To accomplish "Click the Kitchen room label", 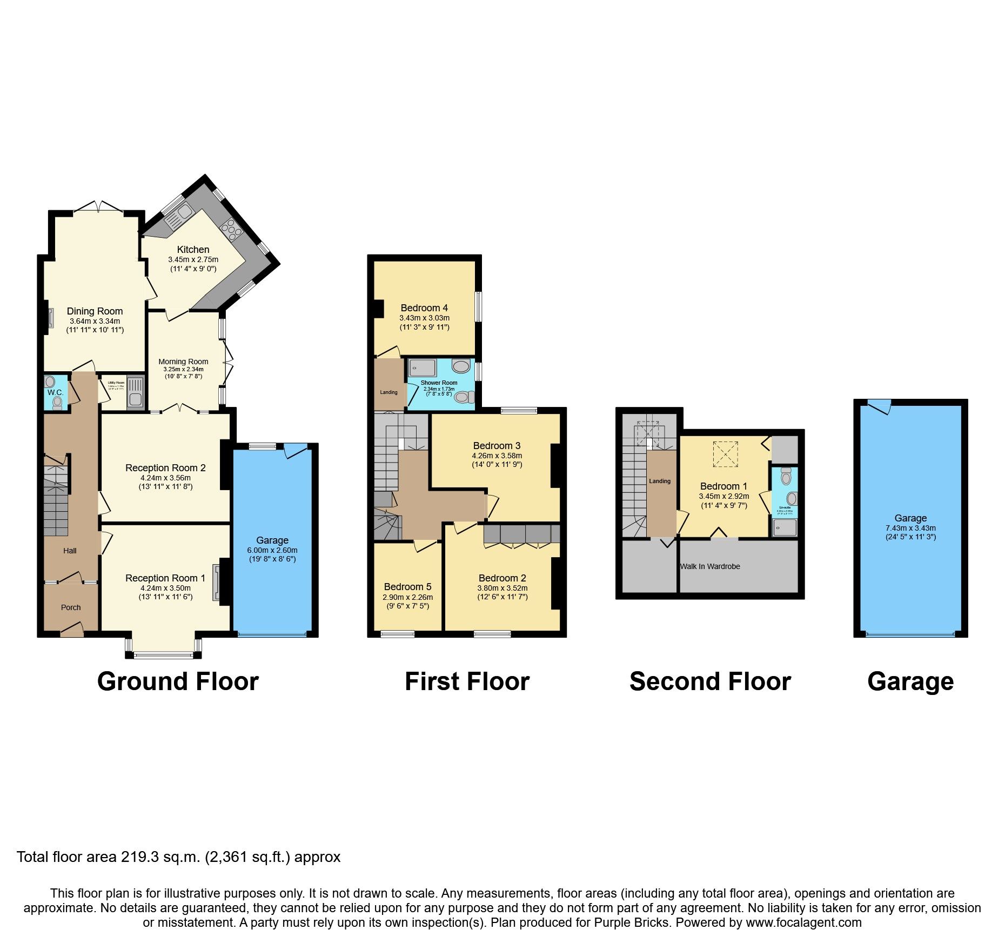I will [193, 250].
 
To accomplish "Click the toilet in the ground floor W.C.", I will [58, 402].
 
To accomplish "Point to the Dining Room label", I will [95, 311].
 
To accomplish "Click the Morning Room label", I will [183, 362].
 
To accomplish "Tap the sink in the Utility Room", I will [135, 400].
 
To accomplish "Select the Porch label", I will [71, 607].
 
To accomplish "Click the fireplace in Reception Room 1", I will [217, 583].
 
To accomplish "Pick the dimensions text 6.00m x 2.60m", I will [272, 550].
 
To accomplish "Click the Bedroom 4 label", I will [424, 308].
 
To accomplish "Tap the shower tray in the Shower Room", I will [422, 368].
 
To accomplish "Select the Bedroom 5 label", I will [407, 587].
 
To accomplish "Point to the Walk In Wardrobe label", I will [710, 566].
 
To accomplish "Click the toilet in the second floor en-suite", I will [786, 477].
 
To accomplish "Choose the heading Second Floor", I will [710, 681].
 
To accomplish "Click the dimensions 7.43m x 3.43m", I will [910, 528].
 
